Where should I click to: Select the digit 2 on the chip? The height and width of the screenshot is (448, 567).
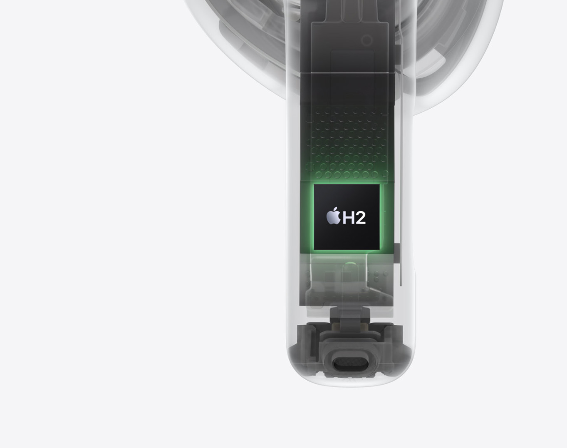[x=361, y=218]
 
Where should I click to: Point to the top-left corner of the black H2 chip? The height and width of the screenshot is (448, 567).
[x=314, y=184]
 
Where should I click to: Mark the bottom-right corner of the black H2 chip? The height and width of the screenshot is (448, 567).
[x=380, y=249]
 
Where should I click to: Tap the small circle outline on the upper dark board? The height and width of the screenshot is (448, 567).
[x=366, y=40]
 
